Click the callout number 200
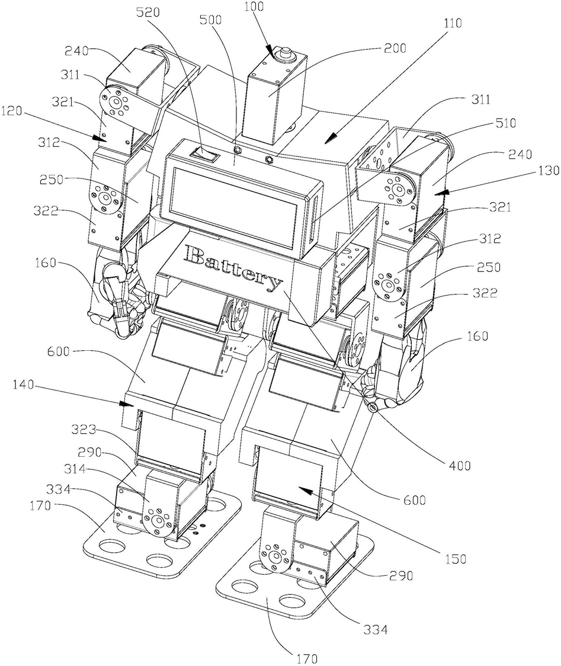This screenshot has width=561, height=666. point(395,48)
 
